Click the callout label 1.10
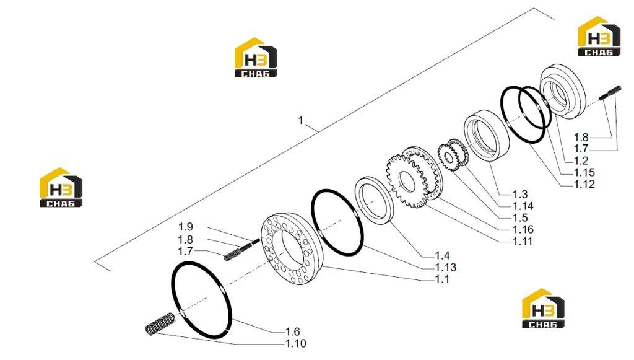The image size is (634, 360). [x=295, y=343]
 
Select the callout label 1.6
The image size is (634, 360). [x=292, y=331]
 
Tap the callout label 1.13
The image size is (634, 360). [x=446, y=267]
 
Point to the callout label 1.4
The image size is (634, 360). [x=442, y=255]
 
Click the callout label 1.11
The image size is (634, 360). [x=523, y=241]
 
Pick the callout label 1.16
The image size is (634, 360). [x=523, y=229]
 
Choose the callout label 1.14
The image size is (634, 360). [x=523, y=206]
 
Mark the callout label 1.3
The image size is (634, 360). [x=520, y=194]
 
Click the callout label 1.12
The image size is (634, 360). [x=584, y=184]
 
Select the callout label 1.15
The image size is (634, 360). [x=584, y=172]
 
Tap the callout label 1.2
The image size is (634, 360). [x=581, y=160]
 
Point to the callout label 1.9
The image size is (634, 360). [x=186, y=227]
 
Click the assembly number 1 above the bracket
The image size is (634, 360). [x=300, y=120]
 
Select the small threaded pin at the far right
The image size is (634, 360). [x=610, y=92]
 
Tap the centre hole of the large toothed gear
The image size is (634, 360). [x=407, y=182]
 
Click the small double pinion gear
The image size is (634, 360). [x=452, y=154]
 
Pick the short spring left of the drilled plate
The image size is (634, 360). [x=233, y=255]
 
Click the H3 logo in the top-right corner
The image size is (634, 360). [x=599, y=36]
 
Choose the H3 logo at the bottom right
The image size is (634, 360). [x=543, y=308]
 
